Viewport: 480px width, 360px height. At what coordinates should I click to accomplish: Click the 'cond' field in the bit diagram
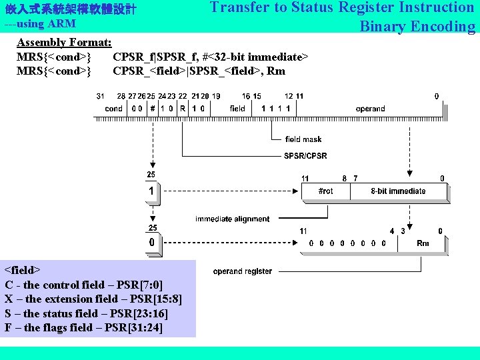pos(114,109)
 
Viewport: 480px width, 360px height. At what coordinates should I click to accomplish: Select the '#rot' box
pos(326,191)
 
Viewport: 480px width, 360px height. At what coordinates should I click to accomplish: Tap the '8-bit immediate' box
pos(398,191)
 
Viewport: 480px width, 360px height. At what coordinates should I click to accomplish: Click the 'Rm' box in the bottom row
pos(423,243)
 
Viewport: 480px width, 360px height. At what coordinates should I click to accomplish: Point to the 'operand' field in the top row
pos(370,109)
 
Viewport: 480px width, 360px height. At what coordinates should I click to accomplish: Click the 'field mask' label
pos(303,139)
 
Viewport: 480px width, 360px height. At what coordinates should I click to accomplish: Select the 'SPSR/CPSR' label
pos(305,156)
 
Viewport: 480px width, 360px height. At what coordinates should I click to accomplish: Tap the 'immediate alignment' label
pos(233,219)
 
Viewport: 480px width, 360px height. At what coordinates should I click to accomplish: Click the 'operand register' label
pos(243,271)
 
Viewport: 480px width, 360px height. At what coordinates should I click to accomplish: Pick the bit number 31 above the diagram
pos(101,97)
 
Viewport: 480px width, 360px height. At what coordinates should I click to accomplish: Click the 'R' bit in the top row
pos(182,109)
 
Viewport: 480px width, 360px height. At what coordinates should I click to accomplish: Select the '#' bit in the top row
pos(153,109)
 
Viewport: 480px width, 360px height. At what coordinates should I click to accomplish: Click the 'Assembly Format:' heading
pos(64,43)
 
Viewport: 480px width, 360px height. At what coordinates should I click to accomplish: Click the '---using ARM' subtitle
pos(40,24)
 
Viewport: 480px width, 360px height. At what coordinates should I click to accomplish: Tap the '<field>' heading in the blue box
pos(23,270)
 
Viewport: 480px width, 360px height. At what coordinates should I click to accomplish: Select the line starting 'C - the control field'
pos(83,285)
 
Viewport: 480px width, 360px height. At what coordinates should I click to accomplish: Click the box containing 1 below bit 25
pos(152,191)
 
